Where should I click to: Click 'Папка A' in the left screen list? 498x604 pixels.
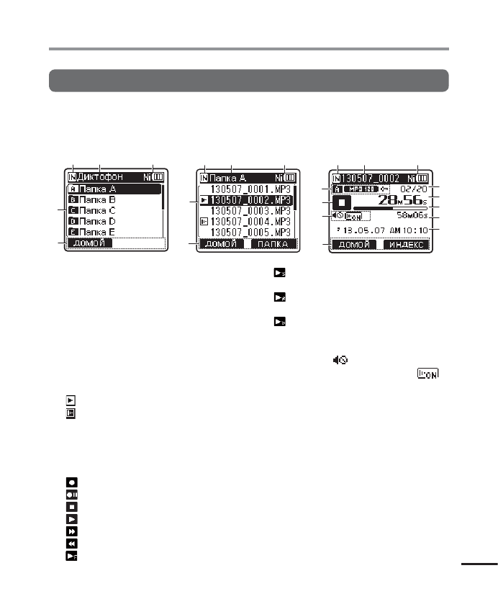pyautogui.click(x=96, y=189)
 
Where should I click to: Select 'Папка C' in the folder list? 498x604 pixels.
pyautogui.click(x=96, y=210)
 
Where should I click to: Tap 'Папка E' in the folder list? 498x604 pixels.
pyautogui.click(x=96, y=232)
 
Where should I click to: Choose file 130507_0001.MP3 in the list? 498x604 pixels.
pyautogui.click(x=251, y=189)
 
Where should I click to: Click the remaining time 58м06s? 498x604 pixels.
pyautogui.click(x=413, y=215)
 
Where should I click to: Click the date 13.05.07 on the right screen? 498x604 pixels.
pyautogui.click(x=365, y=230)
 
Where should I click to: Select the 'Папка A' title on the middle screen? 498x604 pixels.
pyautogui.click(x=228, y=177)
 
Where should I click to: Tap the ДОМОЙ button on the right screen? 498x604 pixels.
pyautogui.click(x=355, y=245)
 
